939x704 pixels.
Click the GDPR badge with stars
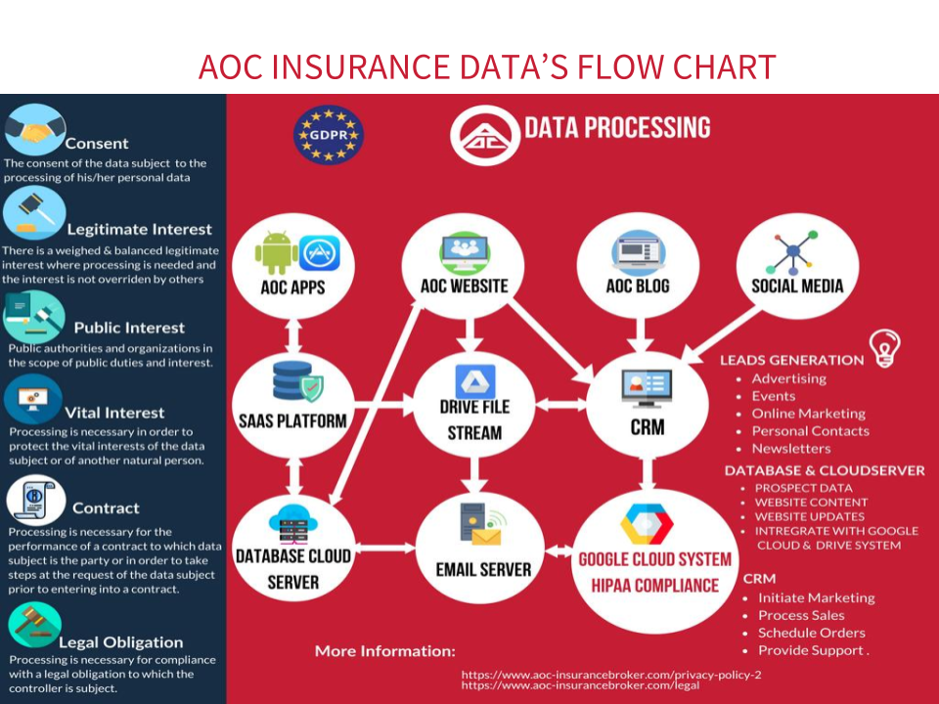(328, 134)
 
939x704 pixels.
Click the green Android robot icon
(276, 253)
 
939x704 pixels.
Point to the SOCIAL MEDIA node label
(797, 286)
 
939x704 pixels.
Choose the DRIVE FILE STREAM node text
(474, 419)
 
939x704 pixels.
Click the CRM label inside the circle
(647, 427)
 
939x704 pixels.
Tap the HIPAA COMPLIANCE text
(654, 586)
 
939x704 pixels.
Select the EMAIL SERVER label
(483, 568)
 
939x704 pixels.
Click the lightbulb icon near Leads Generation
(885, 347)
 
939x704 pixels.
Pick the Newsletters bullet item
(790, 449)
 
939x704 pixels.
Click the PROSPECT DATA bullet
(803, 488)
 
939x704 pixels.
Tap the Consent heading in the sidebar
(97, 144)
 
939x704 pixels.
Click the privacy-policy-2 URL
(611, 675)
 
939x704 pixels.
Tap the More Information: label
(384, 650)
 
